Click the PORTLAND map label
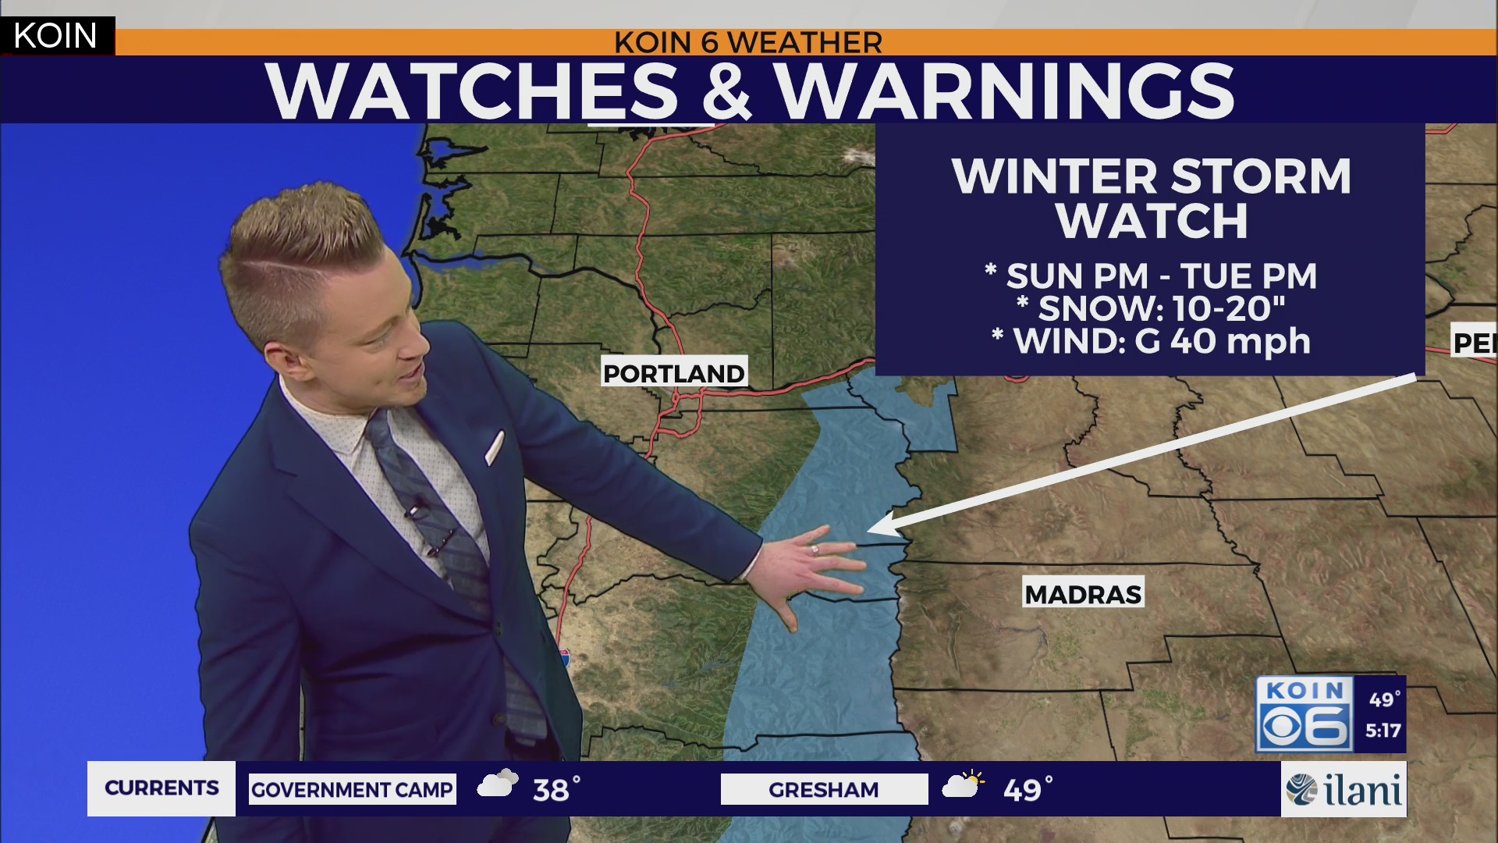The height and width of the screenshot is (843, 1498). coord(674,373)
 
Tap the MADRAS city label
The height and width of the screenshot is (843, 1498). coord(1083,594)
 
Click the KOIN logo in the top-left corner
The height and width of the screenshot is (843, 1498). coord(55,36)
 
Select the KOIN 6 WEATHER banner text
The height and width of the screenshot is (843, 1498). coord(747,42)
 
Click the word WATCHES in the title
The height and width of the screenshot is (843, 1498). coord(471,91)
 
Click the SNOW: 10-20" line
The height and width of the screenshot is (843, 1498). coord(1152,309)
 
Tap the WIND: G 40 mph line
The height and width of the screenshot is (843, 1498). coord(1152,342)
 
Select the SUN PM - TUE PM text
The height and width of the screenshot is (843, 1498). coord(1152,276)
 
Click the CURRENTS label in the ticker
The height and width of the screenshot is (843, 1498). coord(162,788)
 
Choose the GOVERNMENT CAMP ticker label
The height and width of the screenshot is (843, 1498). coord(352,790)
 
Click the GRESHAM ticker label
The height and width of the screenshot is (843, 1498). coord(823,790)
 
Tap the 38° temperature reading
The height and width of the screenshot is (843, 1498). coord(556,790)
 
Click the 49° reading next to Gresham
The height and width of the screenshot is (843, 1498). coord(1027,790)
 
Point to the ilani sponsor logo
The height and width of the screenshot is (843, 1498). coord(1344,790)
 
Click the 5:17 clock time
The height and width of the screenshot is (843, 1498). coord(1383,731)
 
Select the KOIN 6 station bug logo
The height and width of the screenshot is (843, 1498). coord(1305,714)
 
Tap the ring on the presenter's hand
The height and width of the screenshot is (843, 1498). coord(815,550)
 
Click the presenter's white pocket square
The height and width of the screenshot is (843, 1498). coord(495,447)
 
